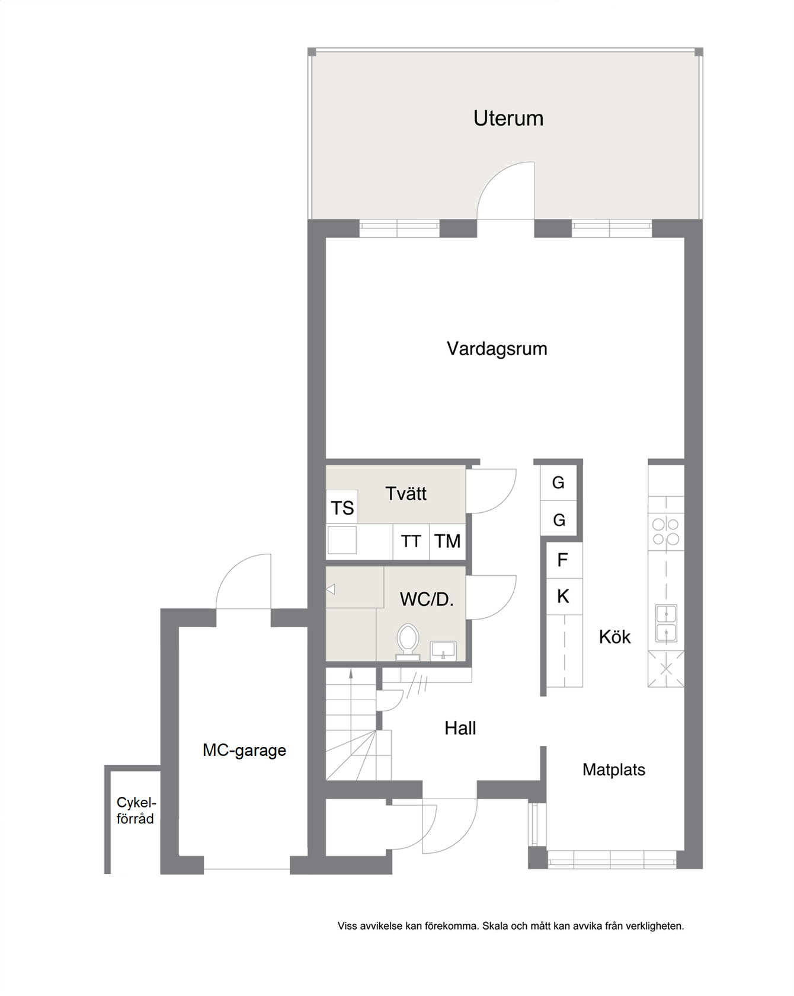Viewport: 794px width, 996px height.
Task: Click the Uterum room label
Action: click(x=508, y=118)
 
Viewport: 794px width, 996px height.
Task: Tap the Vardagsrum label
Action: click(x=497, y=349)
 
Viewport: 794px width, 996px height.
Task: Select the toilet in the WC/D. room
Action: click(x=408, y=641)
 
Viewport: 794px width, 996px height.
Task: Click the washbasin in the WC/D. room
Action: click(x=443, y=650)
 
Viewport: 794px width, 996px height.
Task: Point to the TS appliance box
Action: click(x=342, y=507)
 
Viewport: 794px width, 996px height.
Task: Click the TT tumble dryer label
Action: click(x=411, y=541)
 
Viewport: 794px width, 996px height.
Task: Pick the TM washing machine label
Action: click(x=447, y=541)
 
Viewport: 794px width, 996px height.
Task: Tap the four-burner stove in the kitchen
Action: click(x=665, y=532)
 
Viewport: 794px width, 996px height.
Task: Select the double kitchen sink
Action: click(x=666, y=624)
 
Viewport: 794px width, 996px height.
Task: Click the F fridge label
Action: click(x=562, y=560)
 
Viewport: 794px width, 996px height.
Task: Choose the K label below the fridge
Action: click(x=563, y=596)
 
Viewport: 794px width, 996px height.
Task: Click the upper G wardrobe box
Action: click(x=558, y=483)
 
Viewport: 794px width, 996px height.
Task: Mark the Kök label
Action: click(x=614, y=637)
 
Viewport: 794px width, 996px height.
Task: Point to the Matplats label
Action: click(x=614, y=770)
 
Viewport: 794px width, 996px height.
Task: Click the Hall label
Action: click(x=460, y=728)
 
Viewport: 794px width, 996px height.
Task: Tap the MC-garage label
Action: click(x=244, y=751)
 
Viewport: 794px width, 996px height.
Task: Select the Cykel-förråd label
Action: click(x=136, y=810)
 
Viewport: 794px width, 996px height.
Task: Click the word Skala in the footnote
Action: click(x=496, y=925)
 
